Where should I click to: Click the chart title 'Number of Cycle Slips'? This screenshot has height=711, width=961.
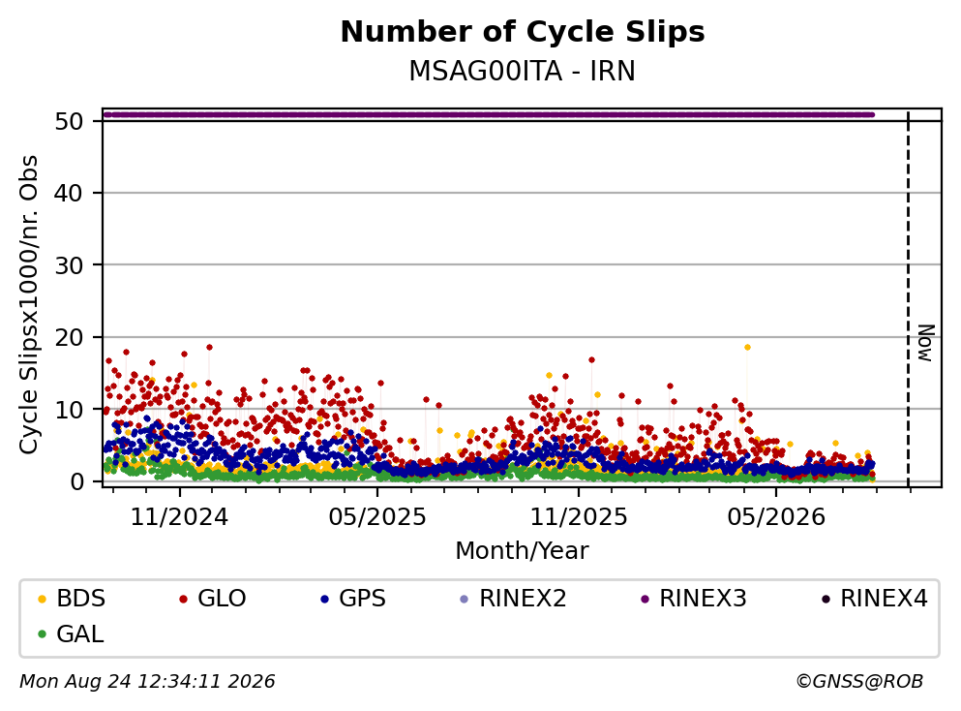[523, 32]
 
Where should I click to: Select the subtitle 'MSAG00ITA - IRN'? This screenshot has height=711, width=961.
[523, 71]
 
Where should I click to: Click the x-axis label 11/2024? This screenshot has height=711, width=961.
[180, 517]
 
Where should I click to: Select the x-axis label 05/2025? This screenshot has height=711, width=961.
[377, 517]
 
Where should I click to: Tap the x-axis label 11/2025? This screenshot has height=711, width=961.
[579, 517]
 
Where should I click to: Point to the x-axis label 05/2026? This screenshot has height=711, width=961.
[776, 517]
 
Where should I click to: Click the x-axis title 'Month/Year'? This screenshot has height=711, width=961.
[523, 551]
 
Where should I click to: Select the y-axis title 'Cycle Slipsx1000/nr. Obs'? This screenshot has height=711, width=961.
[28, 305]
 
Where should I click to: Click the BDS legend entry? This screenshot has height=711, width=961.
[72, 598]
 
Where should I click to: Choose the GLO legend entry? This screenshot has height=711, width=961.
[212, 598]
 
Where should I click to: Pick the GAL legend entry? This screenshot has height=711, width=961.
[71, 634]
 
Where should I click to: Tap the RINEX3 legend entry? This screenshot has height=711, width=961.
[693, 598]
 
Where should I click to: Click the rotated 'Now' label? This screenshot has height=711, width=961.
[925, 344]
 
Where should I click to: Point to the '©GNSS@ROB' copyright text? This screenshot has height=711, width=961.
[859, 681]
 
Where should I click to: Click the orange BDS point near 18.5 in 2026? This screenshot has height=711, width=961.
[747, 347]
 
